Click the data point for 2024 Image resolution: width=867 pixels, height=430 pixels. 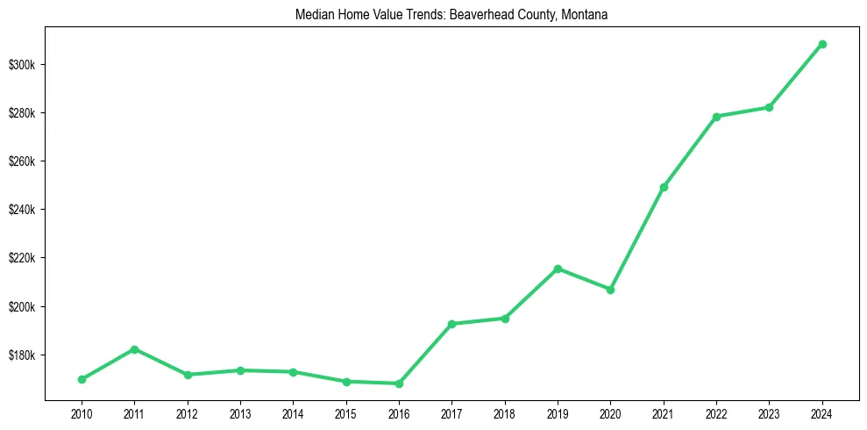point(822,44)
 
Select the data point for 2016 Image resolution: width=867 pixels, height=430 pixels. point(399,383)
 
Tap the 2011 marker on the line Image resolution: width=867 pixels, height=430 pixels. point(134,349)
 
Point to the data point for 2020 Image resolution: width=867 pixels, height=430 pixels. point(610,290)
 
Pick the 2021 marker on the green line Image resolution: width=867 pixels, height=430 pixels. point(664,187)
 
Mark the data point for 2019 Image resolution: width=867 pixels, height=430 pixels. point(558,269)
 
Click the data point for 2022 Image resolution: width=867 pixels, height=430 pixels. point(716,117)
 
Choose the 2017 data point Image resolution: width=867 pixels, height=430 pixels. point(451,324)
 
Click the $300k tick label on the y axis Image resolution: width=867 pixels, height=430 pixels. point(26,65)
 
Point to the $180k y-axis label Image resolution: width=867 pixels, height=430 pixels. point(26,355)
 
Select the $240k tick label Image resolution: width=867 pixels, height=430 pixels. point(26,210)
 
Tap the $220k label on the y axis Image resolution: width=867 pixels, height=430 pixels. point(26,258)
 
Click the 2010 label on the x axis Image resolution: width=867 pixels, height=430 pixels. point(82,412)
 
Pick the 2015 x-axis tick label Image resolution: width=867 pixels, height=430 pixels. point(346,412)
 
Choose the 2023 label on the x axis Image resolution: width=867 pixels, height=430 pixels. point(770,412)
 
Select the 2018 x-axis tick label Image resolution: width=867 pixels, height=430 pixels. point(505,412)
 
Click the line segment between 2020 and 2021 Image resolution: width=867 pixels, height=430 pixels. point(637,238)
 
